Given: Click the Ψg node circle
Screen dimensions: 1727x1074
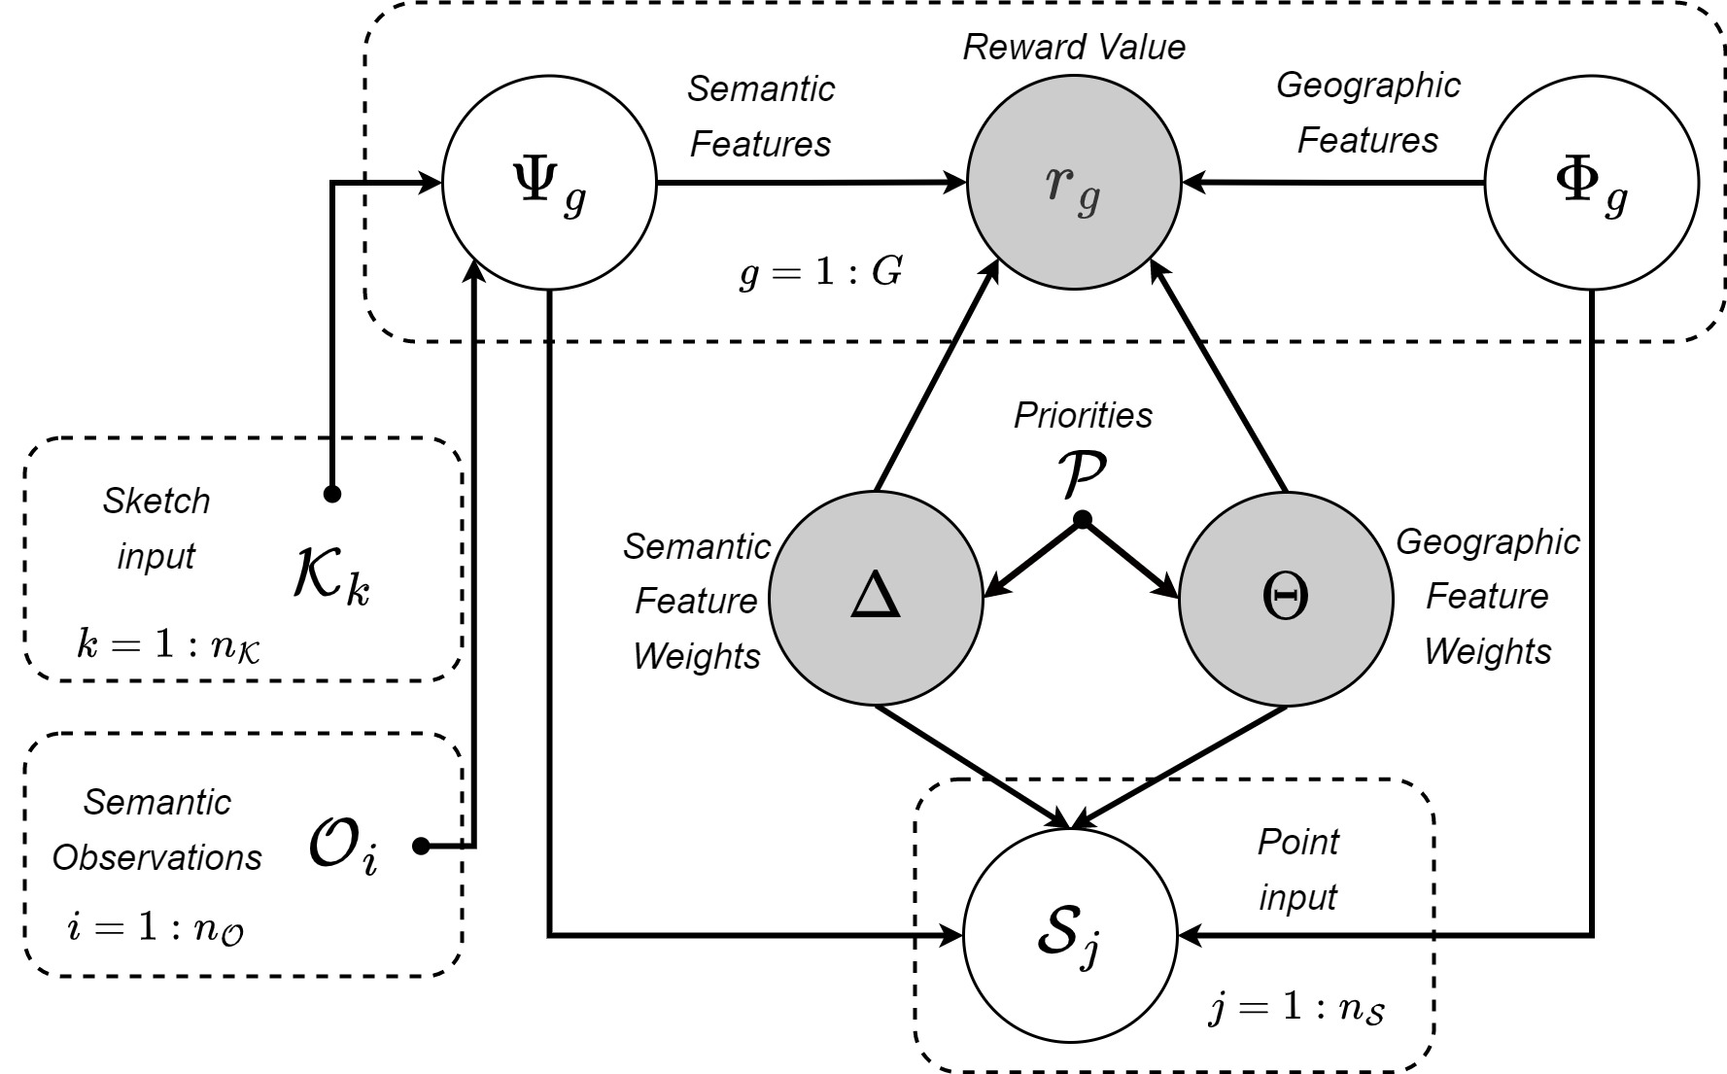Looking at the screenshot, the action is click(549, 182).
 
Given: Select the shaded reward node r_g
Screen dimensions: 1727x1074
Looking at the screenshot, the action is click(1074, 182).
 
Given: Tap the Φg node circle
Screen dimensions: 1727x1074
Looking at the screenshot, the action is click(1592, 182).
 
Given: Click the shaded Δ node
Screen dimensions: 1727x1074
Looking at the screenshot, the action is click(877, 598).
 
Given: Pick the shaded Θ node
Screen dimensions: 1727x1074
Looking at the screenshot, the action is click(1286, 598).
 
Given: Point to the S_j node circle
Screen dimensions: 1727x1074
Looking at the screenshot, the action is click(1069, 935).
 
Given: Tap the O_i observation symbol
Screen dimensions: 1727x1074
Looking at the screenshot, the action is click(342, 847).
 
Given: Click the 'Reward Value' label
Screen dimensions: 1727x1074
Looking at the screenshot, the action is click(1074, 47).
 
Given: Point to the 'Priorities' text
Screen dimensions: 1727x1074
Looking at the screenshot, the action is click(1083, 415).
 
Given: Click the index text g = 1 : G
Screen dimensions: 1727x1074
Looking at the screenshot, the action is click(821, 274).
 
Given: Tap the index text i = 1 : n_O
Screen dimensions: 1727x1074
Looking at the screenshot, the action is click(155, 928).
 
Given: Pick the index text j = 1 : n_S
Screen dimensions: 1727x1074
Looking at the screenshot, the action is click(1297, 1008).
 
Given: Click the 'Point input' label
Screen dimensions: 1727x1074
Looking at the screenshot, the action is click(1298, 869).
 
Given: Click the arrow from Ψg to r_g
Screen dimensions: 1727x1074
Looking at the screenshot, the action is click(812, 182).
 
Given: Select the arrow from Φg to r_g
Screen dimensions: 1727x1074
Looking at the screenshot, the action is click(1332, 182).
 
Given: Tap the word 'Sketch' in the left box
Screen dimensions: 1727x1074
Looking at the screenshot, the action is click(156, 502).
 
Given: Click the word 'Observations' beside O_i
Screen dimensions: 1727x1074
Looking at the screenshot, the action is click(157, 857).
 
